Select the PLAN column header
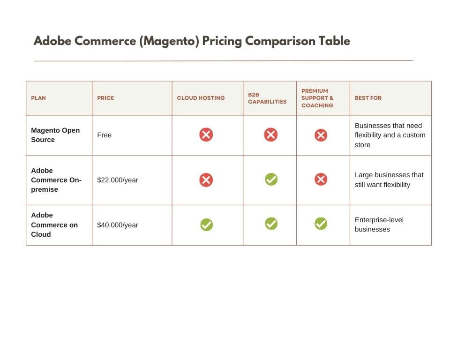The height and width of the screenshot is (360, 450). pos(38,98)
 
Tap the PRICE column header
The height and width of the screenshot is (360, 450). pos(105,98)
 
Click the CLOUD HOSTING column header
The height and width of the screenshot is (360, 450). pos(201,98)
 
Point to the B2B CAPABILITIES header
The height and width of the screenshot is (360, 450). pos(267,98)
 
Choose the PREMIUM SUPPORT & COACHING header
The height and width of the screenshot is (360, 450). pos(317,98)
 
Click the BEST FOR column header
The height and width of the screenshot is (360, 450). pos(368,98)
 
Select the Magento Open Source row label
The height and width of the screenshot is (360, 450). pos(55,135)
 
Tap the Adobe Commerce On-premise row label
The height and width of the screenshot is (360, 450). pos(56,180)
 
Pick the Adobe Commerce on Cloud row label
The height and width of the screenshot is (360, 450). pos(54,225)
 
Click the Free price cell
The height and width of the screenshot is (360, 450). pos(104,135)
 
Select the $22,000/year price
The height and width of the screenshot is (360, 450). pos(118,180)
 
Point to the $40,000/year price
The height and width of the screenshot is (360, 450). pos(118,225)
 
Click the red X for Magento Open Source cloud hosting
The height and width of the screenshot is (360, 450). pos(206,135)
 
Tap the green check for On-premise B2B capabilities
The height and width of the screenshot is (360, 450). pos(271,180)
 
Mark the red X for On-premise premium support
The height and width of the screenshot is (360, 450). pos(321,180)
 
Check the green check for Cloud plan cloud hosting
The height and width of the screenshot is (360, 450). pos(206,225)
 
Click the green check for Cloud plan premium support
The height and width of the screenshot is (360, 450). pos(321,224)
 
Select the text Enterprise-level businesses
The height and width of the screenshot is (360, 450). pos(379,225)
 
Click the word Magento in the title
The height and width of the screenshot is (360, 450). pos(170,41)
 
